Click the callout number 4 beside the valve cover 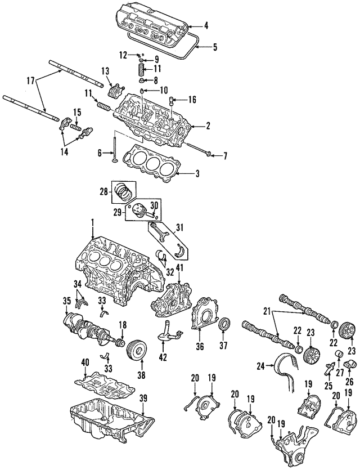pos(206,25)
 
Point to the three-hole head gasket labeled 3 pos(150,163)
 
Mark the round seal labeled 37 pos(224,325)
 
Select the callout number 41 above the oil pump pos(179,267)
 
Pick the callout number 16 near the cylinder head pos(192,100)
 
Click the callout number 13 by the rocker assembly pos(105,70)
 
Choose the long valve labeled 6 pos(114,149)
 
